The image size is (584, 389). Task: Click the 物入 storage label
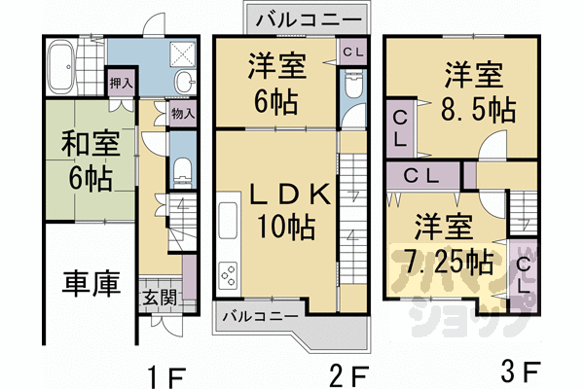click(183, 115)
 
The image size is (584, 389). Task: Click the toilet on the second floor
click(351, 89)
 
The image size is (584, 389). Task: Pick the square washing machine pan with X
click(182, 55)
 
